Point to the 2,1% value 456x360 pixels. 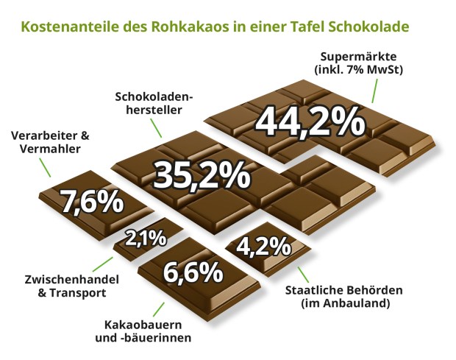(146, 239)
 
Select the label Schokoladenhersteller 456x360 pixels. (149, 103)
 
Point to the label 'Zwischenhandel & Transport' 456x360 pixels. (63, 286)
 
